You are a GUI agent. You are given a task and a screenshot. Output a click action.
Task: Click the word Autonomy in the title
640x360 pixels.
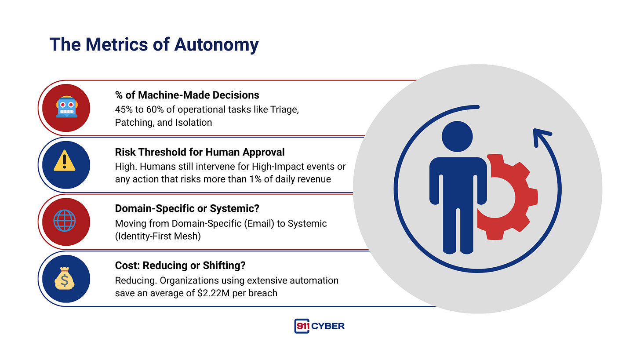point(216,45)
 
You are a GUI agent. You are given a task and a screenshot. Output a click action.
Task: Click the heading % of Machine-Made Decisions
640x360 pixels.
point(187,95)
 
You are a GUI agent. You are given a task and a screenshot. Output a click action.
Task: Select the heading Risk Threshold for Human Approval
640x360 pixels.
point(200,152)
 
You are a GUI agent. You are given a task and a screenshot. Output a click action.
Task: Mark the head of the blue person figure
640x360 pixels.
point(457,137)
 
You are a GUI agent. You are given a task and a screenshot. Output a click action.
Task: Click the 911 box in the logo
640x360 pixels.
point(302,326)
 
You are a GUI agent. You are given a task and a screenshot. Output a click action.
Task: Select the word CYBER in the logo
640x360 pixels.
point(328,326)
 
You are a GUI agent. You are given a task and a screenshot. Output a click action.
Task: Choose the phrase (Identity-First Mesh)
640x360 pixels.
point(158,236)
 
